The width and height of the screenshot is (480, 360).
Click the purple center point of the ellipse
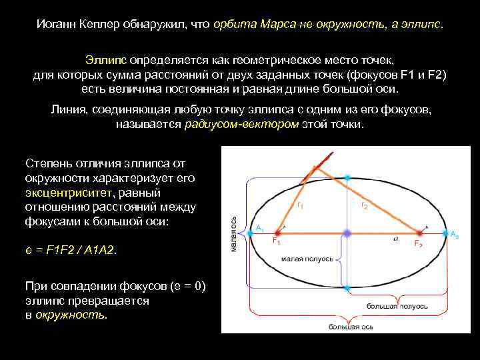click(347, 233)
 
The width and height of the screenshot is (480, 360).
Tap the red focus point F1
click(283, 233)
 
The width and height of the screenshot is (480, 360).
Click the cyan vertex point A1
click(250, 233)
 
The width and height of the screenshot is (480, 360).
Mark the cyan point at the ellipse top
click(347, 178)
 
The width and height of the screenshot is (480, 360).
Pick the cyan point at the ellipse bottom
click(347, 288)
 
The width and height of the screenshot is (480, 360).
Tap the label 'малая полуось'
click(306, 259)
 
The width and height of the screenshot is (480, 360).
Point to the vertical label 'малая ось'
click(233, 233)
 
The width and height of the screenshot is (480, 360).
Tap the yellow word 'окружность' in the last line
click(70, 314)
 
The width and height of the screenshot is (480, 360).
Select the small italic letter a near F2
click(396, 237)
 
